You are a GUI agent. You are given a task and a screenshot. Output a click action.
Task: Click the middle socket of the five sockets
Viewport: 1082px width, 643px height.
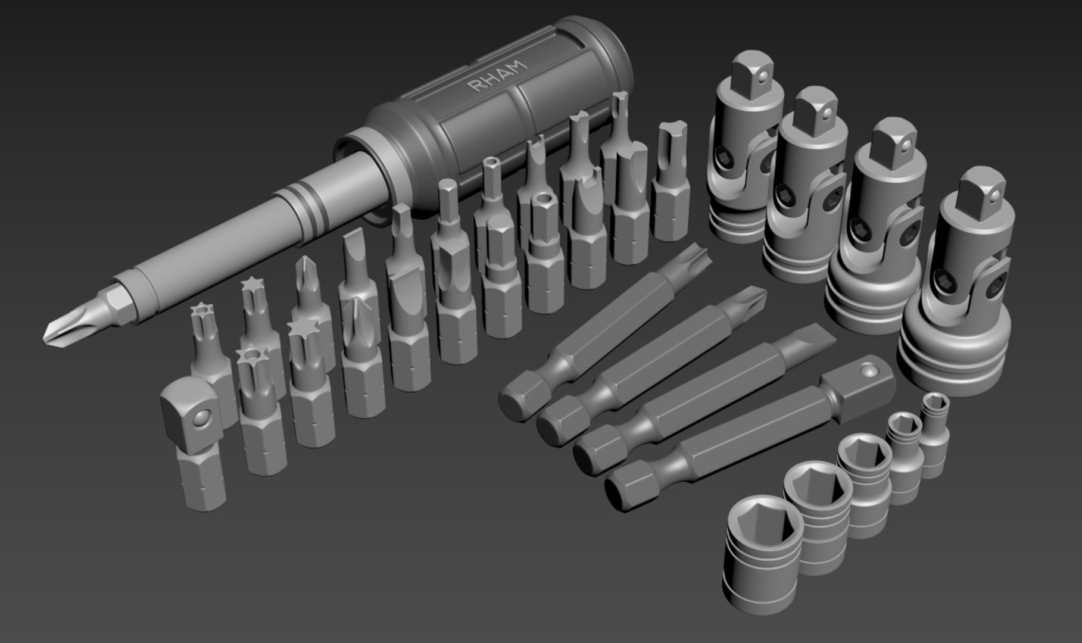(x=863, y=482)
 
